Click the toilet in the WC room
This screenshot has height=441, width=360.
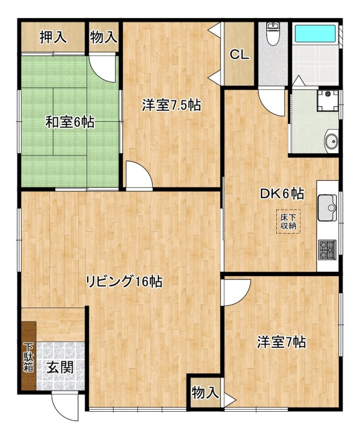(273, 34)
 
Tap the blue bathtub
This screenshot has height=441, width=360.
(315, 34)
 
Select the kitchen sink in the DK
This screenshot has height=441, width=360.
(327, 208)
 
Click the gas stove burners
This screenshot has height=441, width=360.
(327, 250)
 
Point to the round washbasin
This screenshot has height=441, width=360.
(331, 141)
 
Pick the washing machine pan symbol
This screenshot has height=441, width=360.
(328, 101)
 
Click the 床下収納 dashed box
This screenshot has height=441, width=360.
(288, 222)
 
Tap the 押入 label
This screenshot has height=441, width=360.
(53, 37)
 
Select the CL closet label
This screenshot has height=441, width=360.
(239, 55)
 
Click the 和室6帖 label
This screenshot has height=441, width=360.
(70, 122)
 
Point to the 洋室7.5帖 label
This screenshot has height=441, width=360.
(171, 105)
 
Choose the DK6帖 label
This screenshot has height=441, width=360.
(282, 194)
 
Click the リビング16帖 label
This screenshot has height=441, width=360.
(124, 281)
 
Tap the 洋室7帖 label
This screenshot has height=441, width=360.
(282, 342)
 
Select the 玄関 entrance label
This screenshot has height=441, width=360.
(60, 367)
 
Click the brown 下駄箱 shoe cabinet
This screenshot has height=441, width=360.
(29, 356)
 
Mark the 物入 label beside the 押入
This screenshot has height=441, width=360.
(104, 37)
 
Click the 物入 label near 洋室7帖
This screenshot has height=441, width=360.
(205, 392)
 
